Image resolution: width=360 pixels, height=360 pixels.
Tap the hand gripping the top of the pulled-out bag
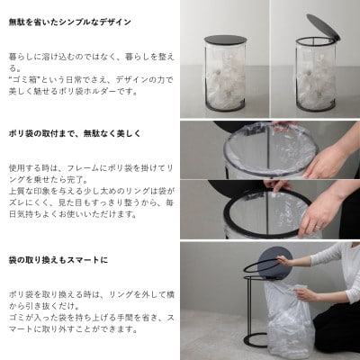click(304, 293)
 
